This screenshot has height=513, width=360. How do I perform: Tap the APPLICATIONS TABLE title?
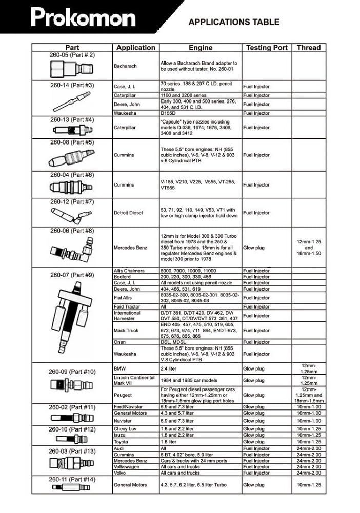234,22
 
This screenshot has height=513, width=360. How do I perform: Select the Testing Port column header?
266,48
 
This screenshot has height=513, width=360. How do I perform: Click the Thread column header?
309,48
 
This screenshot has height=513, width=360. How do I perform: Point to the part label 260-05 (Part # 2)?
72,55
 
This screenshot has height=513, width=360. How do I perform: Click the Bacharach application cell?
126,66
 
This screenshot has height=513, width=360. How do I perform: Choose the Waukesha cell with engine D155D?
124,113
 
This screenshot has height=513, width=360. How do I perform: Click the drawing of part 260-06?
72,251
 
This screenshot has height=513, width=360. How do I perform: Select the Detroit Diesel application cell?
128,213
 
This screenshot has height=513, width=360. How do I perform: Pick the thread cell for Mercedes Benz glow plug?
309,248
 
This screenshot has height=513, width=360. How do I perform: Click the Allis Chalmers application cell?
129,271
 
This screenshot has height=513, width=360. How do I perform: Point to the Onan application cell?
120,342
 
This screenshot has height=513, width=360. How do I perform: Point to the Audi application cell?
119,448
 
